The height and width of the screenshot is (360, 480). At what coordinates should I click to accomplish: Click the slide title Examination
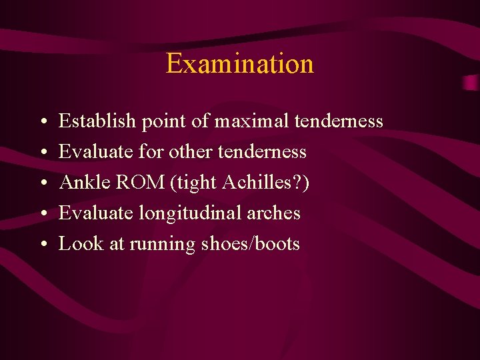pyautogui.click(x=239, y=64)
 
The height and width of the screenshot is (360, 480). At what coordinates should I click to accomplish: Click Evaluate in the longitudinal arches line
pyautogui.click(x=96, y=213)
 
